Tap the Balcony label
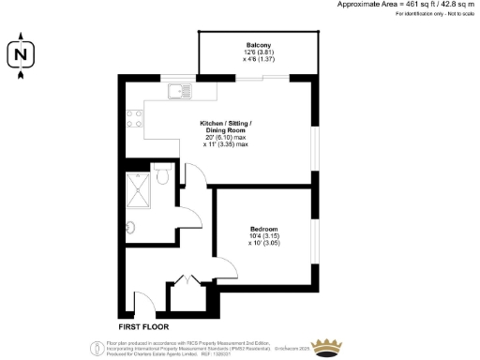pyautogui.click(x=259, y=46)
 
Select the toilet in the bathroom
pyautogui.click(x=161, y=174)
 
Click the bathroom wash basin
pyautogui.click(x=131, y=225)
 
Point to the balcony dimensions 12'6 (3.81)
pyautogui.click(x=259, y=53)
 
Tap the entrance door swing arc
pyautogui.click(x=144, y=302)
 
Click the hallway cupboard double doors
pyautogui.click(x=186, y=280)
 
